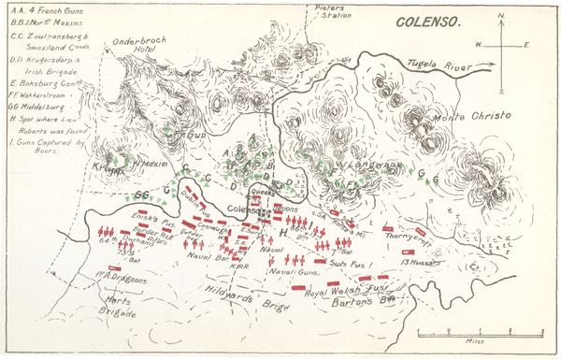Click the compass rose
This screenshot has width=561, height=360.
tap(500, 45)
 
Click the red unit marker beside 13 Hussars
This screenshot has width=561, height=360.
tap(409, 252)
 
